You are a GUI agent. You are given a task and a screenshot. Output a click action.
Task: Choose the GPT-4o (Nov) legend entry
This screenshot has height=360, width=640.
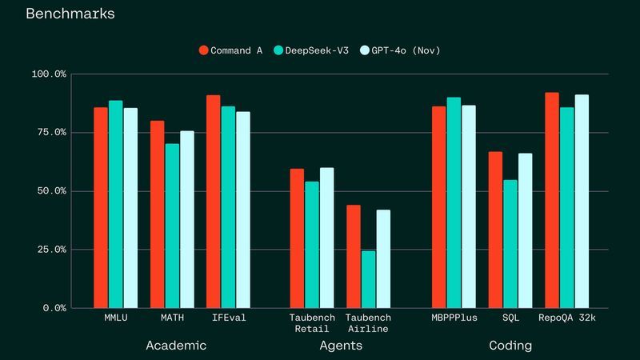click(x=401, y=50)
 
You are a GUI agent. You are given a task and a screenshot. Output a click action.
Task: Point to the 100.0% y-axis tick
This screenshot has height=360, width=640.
click(x=49, y=74)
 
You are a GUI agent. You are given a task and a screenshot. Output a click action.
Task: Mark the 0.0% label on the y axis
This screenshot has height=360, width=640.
click(x=54, y=308)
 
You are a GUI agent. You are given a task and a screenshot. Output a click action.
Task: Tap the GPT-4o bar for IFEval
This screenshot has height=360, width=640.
click(x=243, y=210)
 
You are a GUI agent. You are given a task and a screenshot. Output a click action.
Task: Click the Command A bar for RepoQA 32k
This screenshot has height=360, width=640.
click(x=552, y=200)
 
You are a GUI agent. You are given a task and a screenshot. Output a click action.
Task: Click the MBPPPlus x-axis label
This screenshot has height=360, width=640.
click(x=454, y=318)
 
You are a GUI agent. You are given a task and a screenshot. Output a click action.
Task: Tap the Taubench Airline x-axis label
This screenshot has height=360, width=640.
click(x=368, y=323)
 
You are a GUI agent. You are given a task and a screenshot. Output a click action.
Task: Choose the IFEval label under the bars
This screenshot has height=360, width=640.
click(x=229, y=318)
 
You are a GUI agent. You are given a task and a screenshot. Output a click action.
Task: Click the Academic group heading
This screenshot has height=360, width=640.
click(x=176, y=346)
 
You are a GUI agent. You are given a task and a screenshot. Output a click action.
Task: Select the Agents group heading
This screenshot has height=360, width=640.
click(x=341, y=346)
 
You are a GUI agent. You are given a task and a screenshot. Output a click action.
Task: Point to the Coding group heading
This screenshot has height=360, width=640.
click(x=510, y=346)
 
